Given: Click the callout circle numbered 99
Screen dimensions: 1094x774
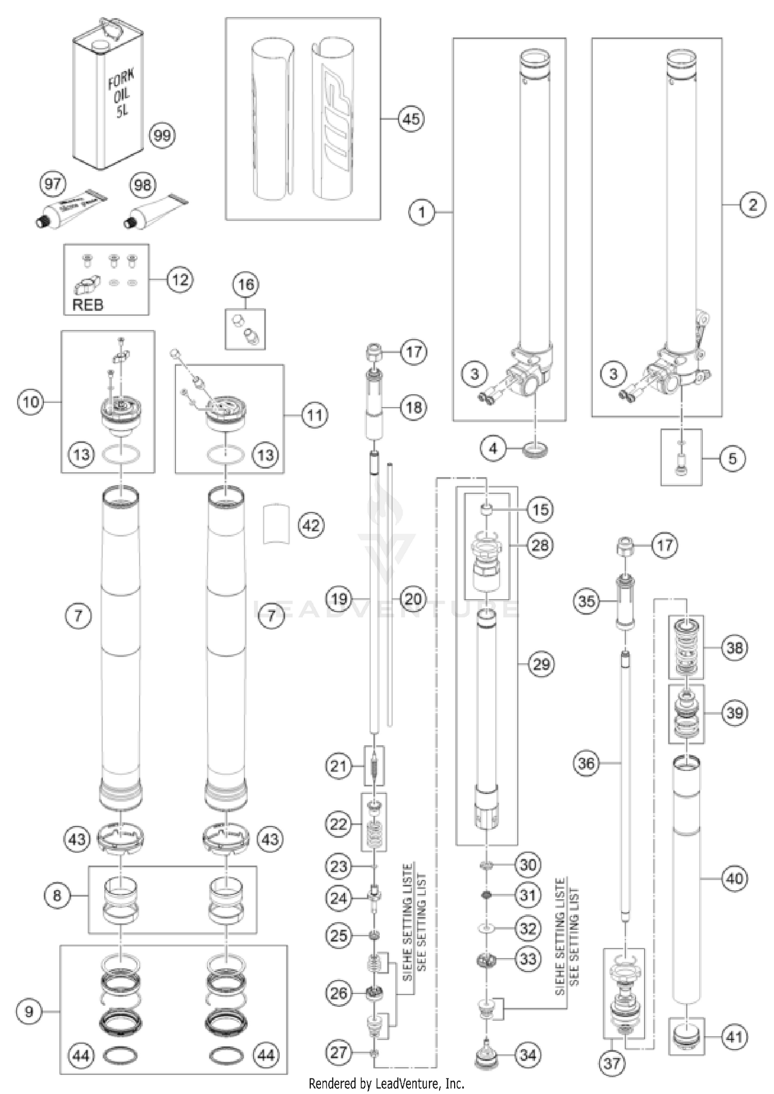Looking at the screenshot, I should pyautogui.click(x=162, y=136).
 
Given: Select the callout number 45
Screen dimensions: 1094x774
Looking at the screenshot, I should pyautogui.click(x=411, y=119).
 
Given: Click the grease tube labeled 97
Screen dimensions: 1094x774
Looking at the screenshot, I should pyautogui.click(x=72, y=207).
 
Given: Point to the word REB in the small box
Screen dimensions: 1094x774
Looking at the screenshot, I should pyautogui.click(x=88, y=304).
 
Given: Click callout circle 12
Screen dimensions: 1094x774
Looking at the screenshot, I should pyautogui.click(x=180, y=280).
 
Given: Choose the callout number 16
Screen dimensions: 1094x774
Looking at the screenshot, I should pyautogui.click(x=246, y=284).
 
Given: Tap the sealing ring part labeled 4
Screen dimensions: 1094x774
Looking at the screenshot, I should pyautogui.click(x=535, y=448).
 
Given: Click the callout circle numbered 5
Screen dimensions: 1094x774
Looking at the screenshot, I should pyautogui.click(x=732, y=458).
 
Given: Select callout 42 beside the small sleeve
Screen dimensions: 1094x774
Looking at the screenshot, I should pyautogui.click(x=311, y=525).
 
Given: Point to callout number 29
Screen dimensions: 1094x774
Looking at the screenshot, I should pyautogui.click(x=541, y=664).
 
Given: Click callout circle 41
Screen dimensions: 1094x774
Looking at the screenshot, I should pyautogui.click(x=734, y=1037).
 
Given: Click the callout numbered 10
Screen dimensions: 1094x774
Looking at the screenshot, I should pyautogui.click(x=31, y=401).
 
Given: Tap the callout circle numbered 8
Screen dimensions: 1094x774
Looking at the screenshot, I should pyautogui.click(x=57, y=895).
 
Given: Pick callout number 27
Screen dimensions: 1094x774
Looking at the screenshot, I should pyautogui.click(x=338, y=1052).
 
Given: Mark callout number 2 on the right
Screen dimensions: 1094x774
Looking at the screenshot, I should pyautogui.click(x=752, y=205).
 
